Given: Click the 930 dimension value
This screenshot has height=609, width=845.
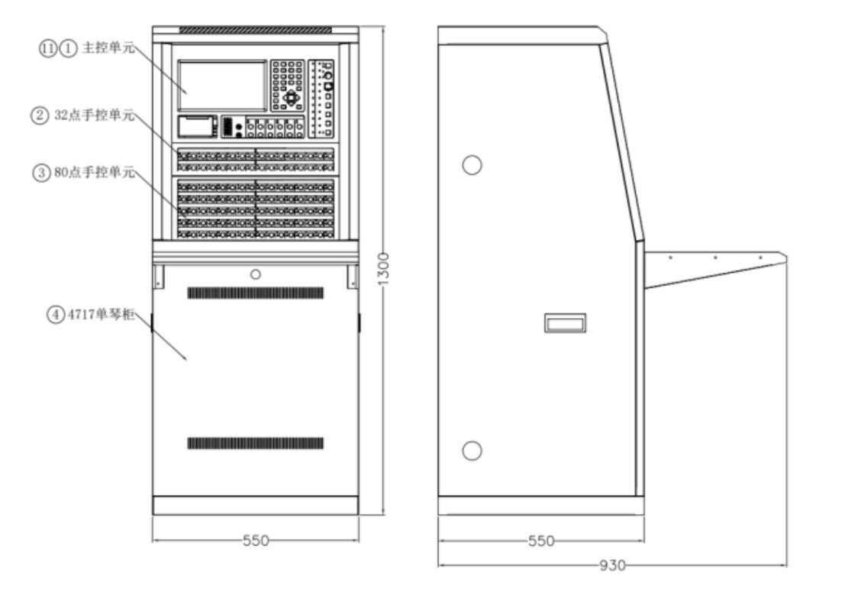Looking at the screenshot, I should click(612, 565).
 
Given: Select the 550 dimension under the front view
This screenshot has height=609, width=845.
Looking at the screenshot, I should click(256, 540).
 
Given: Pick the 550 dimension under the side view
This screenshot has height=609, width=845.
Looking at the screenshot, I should click(540, 540).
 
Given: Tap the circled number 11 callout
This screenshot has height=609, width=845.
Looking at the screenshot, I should click(49, 47).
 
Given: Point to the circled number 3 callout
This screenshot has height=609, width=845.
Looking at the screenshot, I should click(39, 173).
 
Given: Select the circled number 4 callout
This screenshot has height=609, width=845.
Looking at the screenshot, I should click(54, 314).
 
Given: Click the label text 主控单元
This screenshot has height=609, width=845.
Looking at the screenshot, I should click(108, 47).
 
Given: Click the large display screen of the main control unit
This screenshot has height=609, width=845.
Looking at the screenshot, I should click(221, 86).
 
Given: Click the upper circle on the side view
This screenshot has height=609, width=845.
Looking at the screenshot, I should click(472, 164).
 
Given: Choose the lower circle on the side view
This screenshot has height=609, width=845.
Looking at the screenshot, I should click(472, 451).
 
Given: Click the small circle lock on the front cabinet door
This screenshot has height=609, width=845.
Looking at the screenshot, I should click(256, 274).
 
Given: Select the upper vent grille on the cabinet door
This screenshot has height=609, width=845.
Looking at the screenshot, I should click(256, 293).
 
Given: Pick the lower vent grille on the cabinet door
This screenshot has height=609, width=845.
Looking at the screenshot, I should click(256, 443).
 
